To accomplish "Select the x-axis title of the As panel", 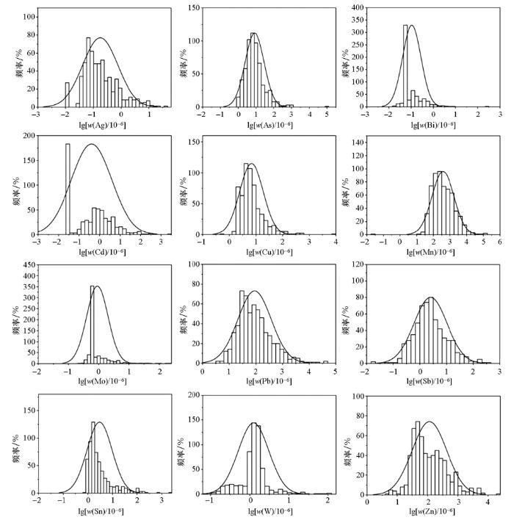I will [268, 124].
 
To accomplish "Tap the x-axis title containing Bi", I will [432, 124].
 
